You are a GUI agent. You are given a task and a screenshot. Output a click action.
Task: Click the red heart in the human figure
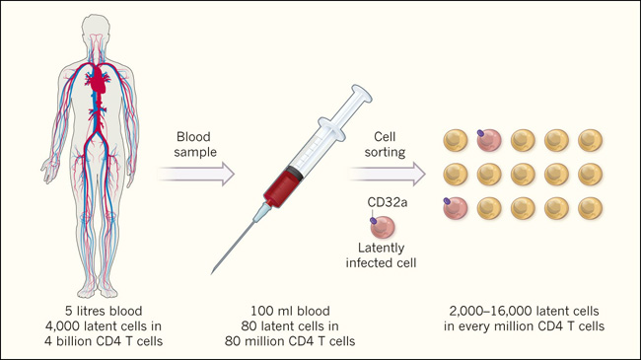pos(98,79)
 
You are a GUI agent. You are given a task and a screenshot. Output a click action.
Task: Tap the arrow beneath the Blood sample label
pos(195,174)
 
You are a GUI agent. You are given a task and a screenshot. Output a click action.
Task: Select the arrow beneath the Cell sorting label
pos(387,174)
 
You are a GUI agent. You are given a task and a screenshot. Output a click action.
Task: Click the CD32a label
pos(388,202)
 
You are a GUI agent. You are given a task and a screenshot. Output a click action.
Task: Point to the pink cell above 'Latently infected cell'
pos(383,227)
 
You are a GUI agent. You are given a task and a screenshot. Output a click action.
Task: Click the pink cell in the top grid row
pos(489,140)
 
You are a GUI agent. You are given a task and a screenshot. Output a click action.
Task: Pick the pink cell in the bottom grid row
pos(456,208)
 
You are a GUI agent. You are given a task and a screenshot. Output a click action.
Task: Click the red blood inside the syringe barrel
pos(282,187)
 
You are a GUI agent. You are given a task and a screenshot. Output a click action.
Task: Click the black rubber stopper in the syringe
pos(296,172)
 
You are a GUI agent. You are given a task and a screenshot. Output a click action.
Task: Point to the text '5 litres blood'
pos(104,311)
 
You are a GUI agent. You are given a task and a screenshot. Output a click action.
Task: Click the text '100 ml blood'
pos(290,311)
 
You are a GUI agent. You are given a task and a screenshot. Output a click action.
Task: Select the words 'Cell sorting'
pos(385,144)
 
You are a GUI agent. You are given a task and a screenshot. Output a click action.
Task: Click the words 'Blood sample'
pos(195,144)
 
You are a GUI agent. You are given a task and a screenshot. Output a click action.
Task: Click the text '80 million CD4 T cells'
pos(290,341)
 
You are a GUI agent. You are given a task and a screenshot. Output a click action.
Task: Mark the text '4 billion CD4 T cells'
pos(104,341)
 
